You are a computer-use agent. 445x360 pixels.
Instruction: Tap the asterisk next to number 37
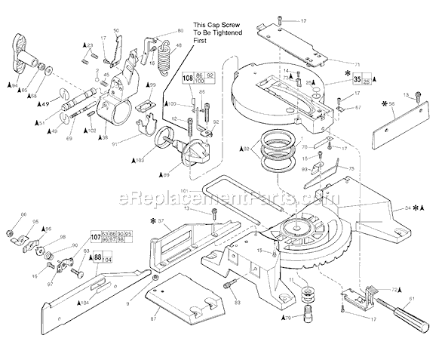[x=153, y=221]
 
